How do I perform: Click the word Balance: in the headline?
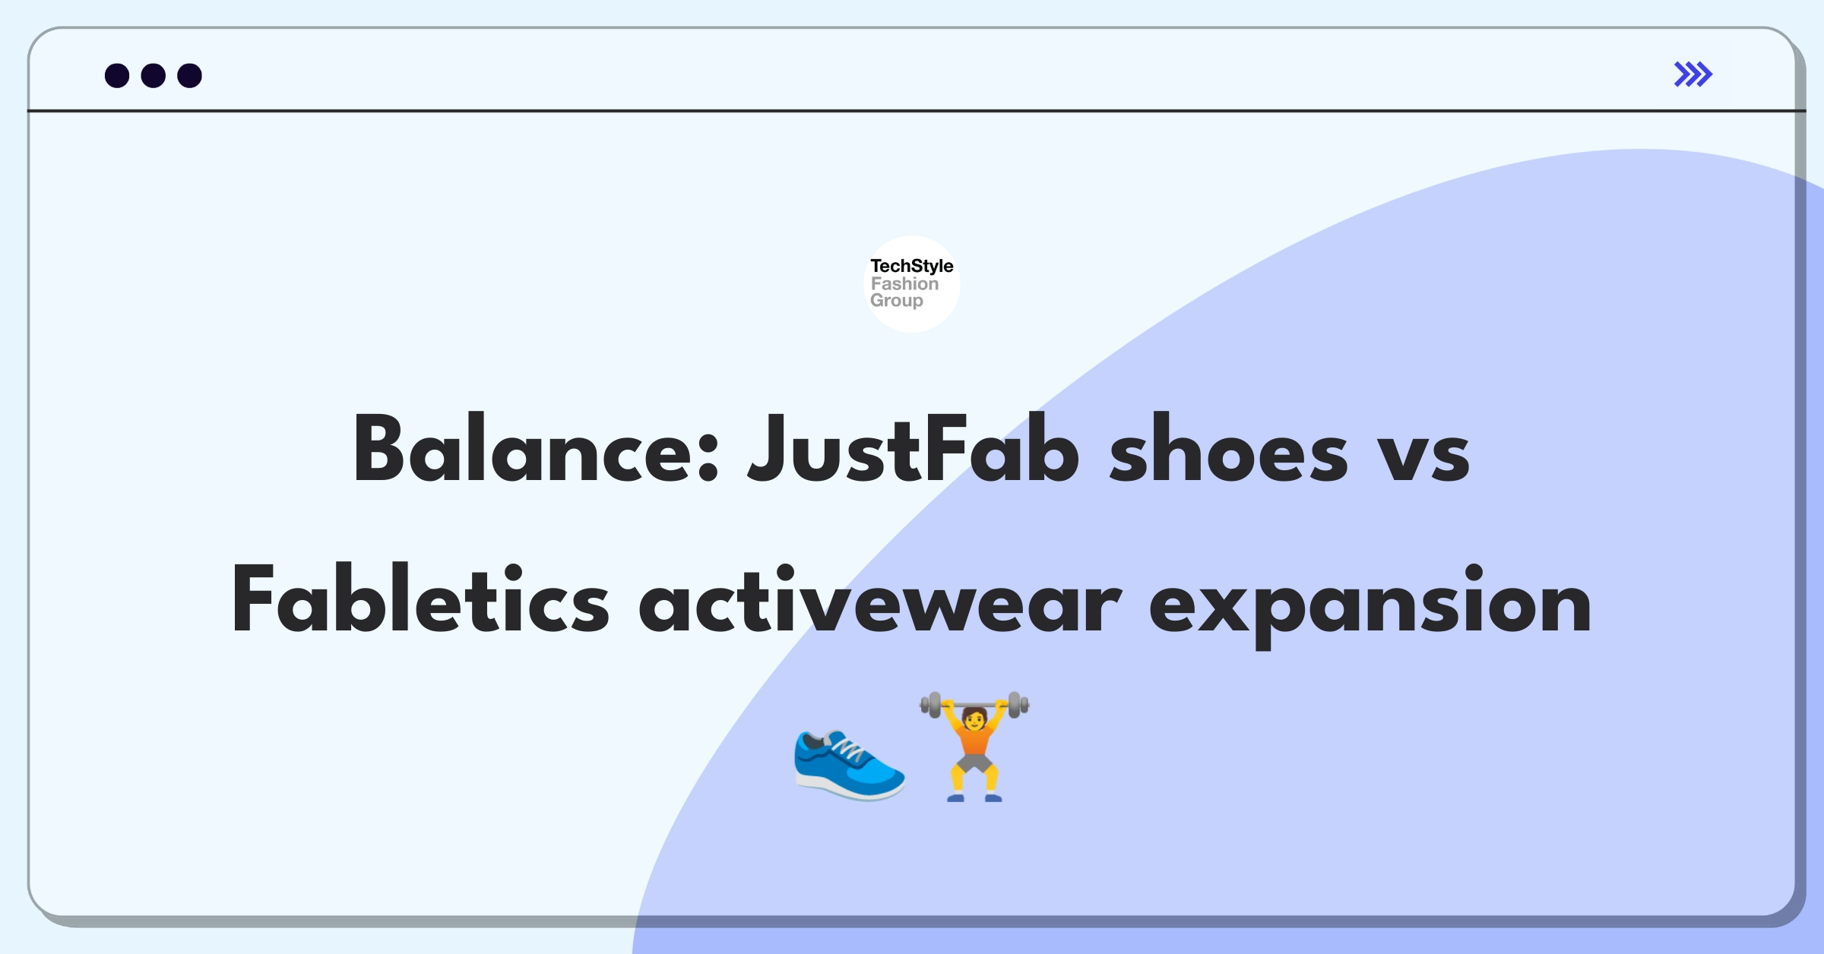(536, 450)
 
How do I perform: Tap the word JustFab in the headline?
(913, 450)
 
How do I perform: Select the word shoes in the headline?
(1229, 450)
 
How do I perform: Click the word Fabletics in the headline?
(420, 599)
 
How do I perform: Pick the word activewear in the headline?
(880, 599)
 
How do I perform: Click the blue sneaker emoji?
(849, 764)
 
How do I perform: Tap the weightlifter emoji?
(974, 747)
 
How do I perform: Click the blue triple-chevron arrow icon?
(1693, 74)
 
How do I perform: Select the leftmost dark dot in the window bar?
(117, 75)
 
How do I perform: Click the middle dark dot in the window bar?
(154, 75)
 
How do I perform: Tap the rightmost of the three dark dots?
(190, 75)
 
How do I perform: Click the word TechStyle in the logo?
(912, 266)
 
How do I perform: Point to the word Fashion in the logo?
(904, 283)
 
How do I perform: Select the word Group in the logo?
(897, 301)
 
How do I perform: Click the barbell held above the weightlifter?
(974, 705)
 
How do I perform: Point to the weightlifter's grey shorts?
(974, 763)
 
